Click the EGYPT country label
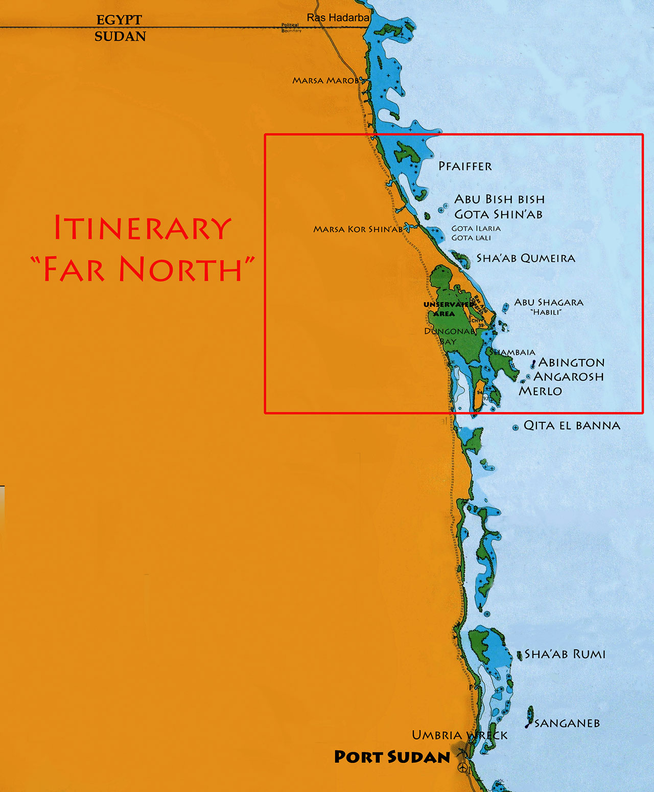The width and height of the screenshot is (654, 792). [x=119, y=20]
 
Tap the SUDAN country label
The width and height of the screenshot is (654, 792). [x=120, y=36]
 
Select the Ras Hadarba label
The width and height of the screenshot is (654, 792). [x=338, y=17]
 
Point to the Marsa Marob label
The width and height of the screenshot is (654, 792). [x=325, y=80]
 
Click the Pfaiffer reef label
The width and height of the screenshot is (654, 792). [x=465, y=166]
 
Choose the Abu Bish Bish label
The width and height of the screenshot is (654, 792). [x=499, y=199]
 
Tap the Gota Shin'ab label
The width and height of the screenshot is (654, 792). [x=498, y=214]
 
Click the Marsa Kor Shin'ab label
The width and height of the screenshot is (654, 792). [x=358, y=229]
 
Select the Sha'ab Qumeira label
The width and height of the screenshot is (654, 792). [x=526, y=258]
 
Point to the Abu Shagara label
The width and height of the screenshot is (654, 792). [x=548, y=302]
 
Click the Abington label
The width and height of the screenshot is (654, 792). [x=571, y=363]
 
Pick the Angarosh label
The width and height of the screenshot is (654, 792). [x=569, y=377]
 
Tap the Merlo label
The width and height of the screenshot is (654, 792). [x=540, y=391]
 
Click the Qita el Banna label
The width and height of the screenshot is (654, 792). [x=572, y=425]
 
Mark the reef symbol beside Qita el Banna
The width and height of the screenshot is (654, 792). [x=516, y=427]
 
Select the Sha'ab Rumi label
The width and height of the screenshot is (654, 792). [x=565, y=654]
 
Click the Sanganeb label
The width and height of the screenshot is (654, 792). [x=567, y=723]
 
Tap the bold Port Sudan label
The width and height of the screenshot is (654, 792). [x=392, y=757]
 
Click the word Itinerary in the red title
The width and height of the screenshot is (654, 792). [x=143, y=228]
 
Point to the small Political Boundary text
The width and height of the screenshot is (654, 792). [x=291, y=28]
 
